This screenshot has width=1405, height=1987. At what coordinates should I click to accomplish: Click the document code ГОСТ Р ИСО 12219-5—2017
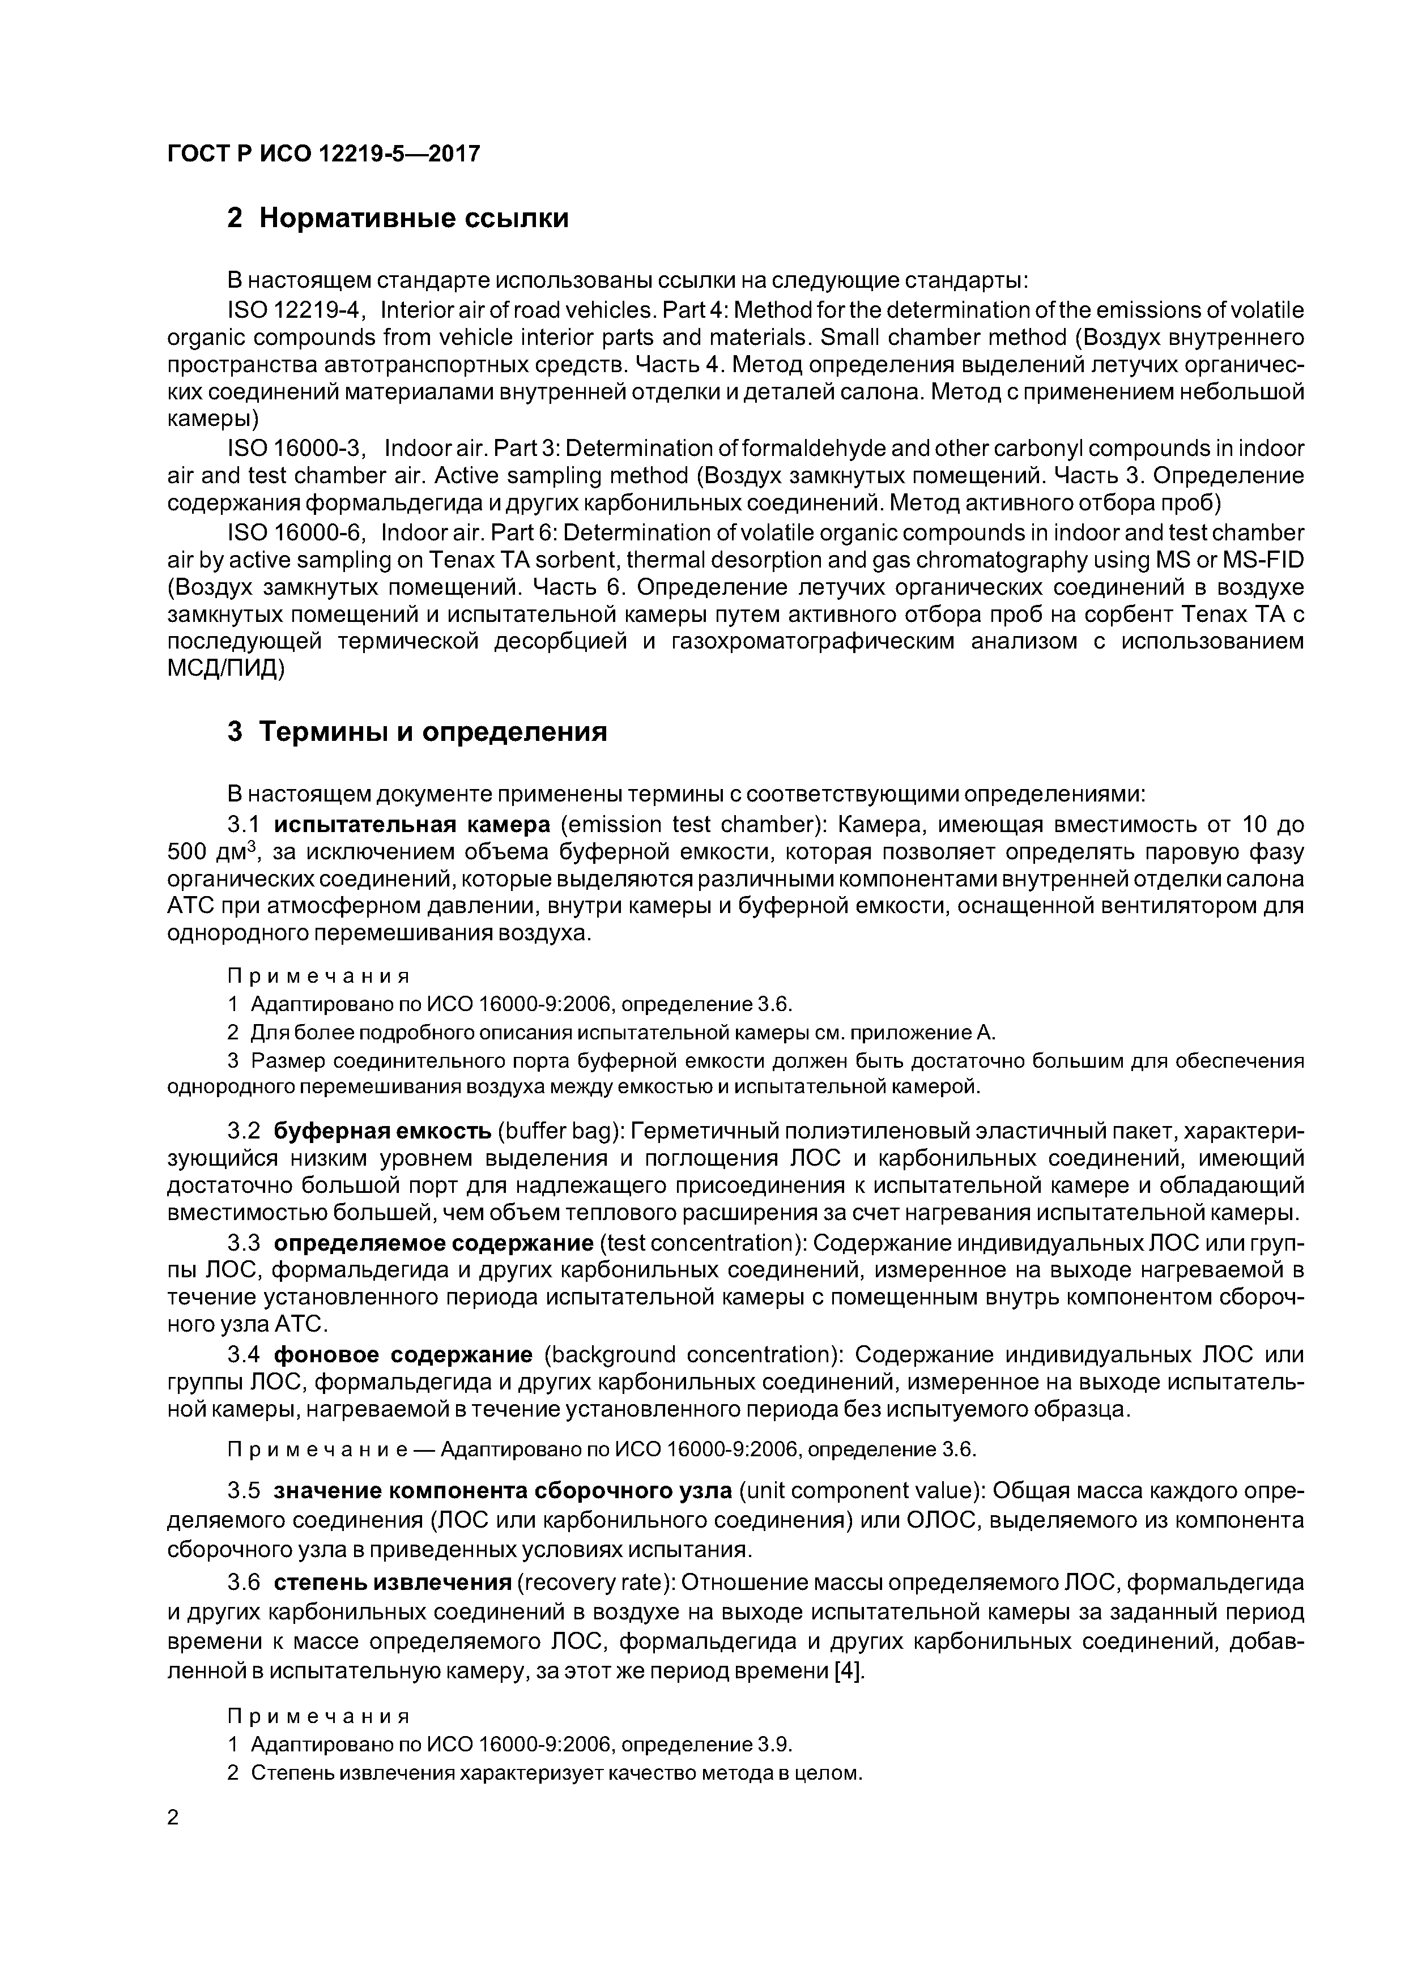coord(323,154)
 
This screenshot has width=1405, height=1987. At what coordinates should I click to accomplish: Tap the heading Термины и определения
coord(433,731)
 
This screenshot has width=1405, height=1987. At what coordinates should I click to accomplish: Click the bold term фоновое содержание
coord(403,1354)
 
